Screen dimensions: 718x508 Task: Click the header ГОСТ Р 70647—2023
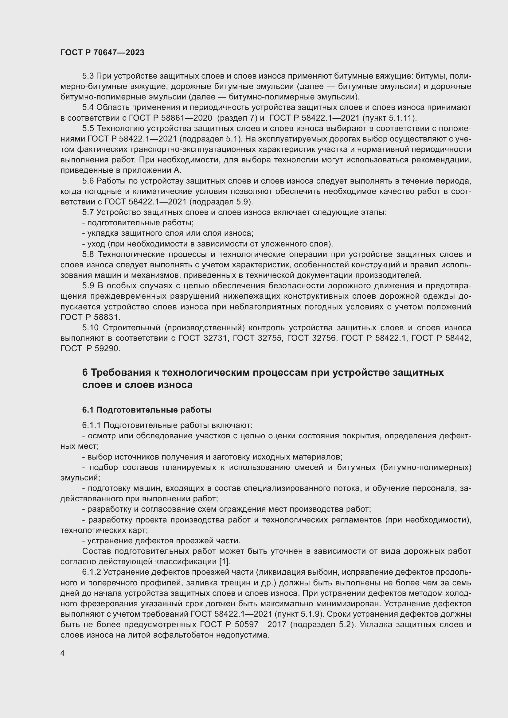point(102,52)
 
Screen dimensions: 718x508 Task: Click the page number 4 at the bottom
point(63,653)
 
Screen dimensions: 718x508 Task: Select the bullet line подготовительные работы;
point(138,223)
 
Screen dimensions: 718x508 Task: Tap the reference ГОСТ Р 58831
point(90,317)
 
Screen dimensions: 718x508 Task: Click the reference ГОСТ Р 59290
point(90,348)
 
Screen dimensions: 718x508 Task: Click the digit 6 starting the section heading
point(85,372)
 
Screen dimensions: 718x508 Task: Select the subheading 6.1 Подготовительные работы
point(147,410)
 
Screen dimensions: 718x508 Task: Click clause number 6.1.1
point(91,425)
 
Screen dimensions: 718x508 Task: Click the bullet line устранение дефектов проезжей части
point(161,540)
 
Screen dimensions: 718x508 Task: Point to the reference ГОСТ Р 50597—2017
point(243,624)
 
